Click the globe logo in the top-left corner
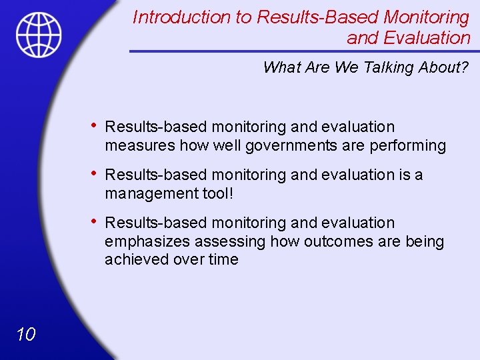[x=39, y=35]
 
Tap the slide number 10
[x=25, y=334]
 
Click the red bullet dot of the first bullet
[x=95, y=125]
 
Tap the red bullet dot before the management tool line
[x=95, y=173]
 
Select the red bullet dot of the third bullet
[x=95, y=221]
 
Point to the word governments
[x=259, y=145]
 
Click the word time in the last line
[x=223, y=260]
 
